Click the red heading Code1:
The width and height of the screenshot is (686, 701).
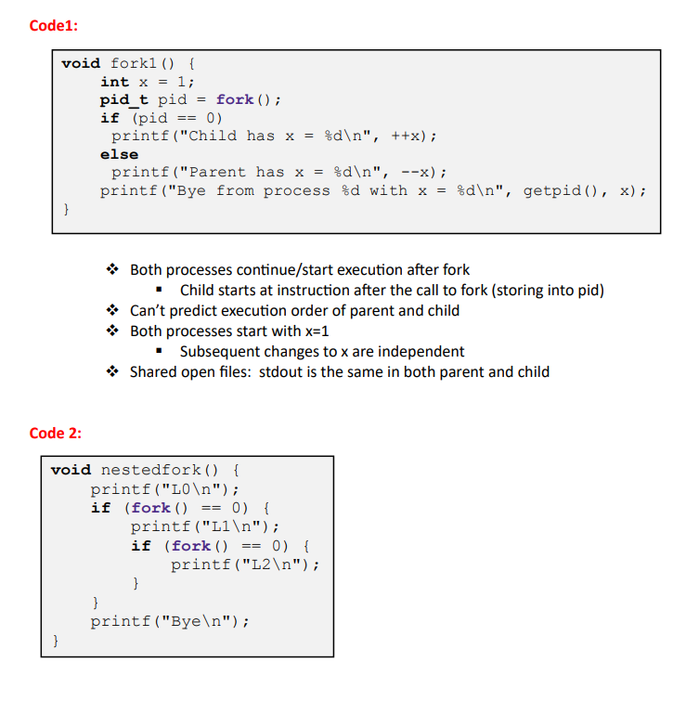pyautogui.click(x=54, y=25)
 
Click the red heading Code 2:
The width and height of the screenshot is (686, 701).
pyautogui.click(x=56, y=433)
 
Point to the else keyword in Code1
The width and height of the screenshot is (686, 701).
pyautogui.click(x=119, y=154)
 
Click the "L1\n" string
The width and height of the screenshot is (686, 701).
pyautogui.click(x=236, y=526)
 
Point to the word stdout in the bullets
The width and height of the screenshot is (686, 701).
pyautogui.click(x=276, y=372)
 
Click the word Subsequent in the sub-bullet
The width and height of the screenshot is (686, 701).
pyautogui.click(x=221, y=352)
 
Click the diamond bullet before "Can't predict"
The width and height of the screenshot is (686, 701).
pyautogui.click(x=111, y=311)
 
